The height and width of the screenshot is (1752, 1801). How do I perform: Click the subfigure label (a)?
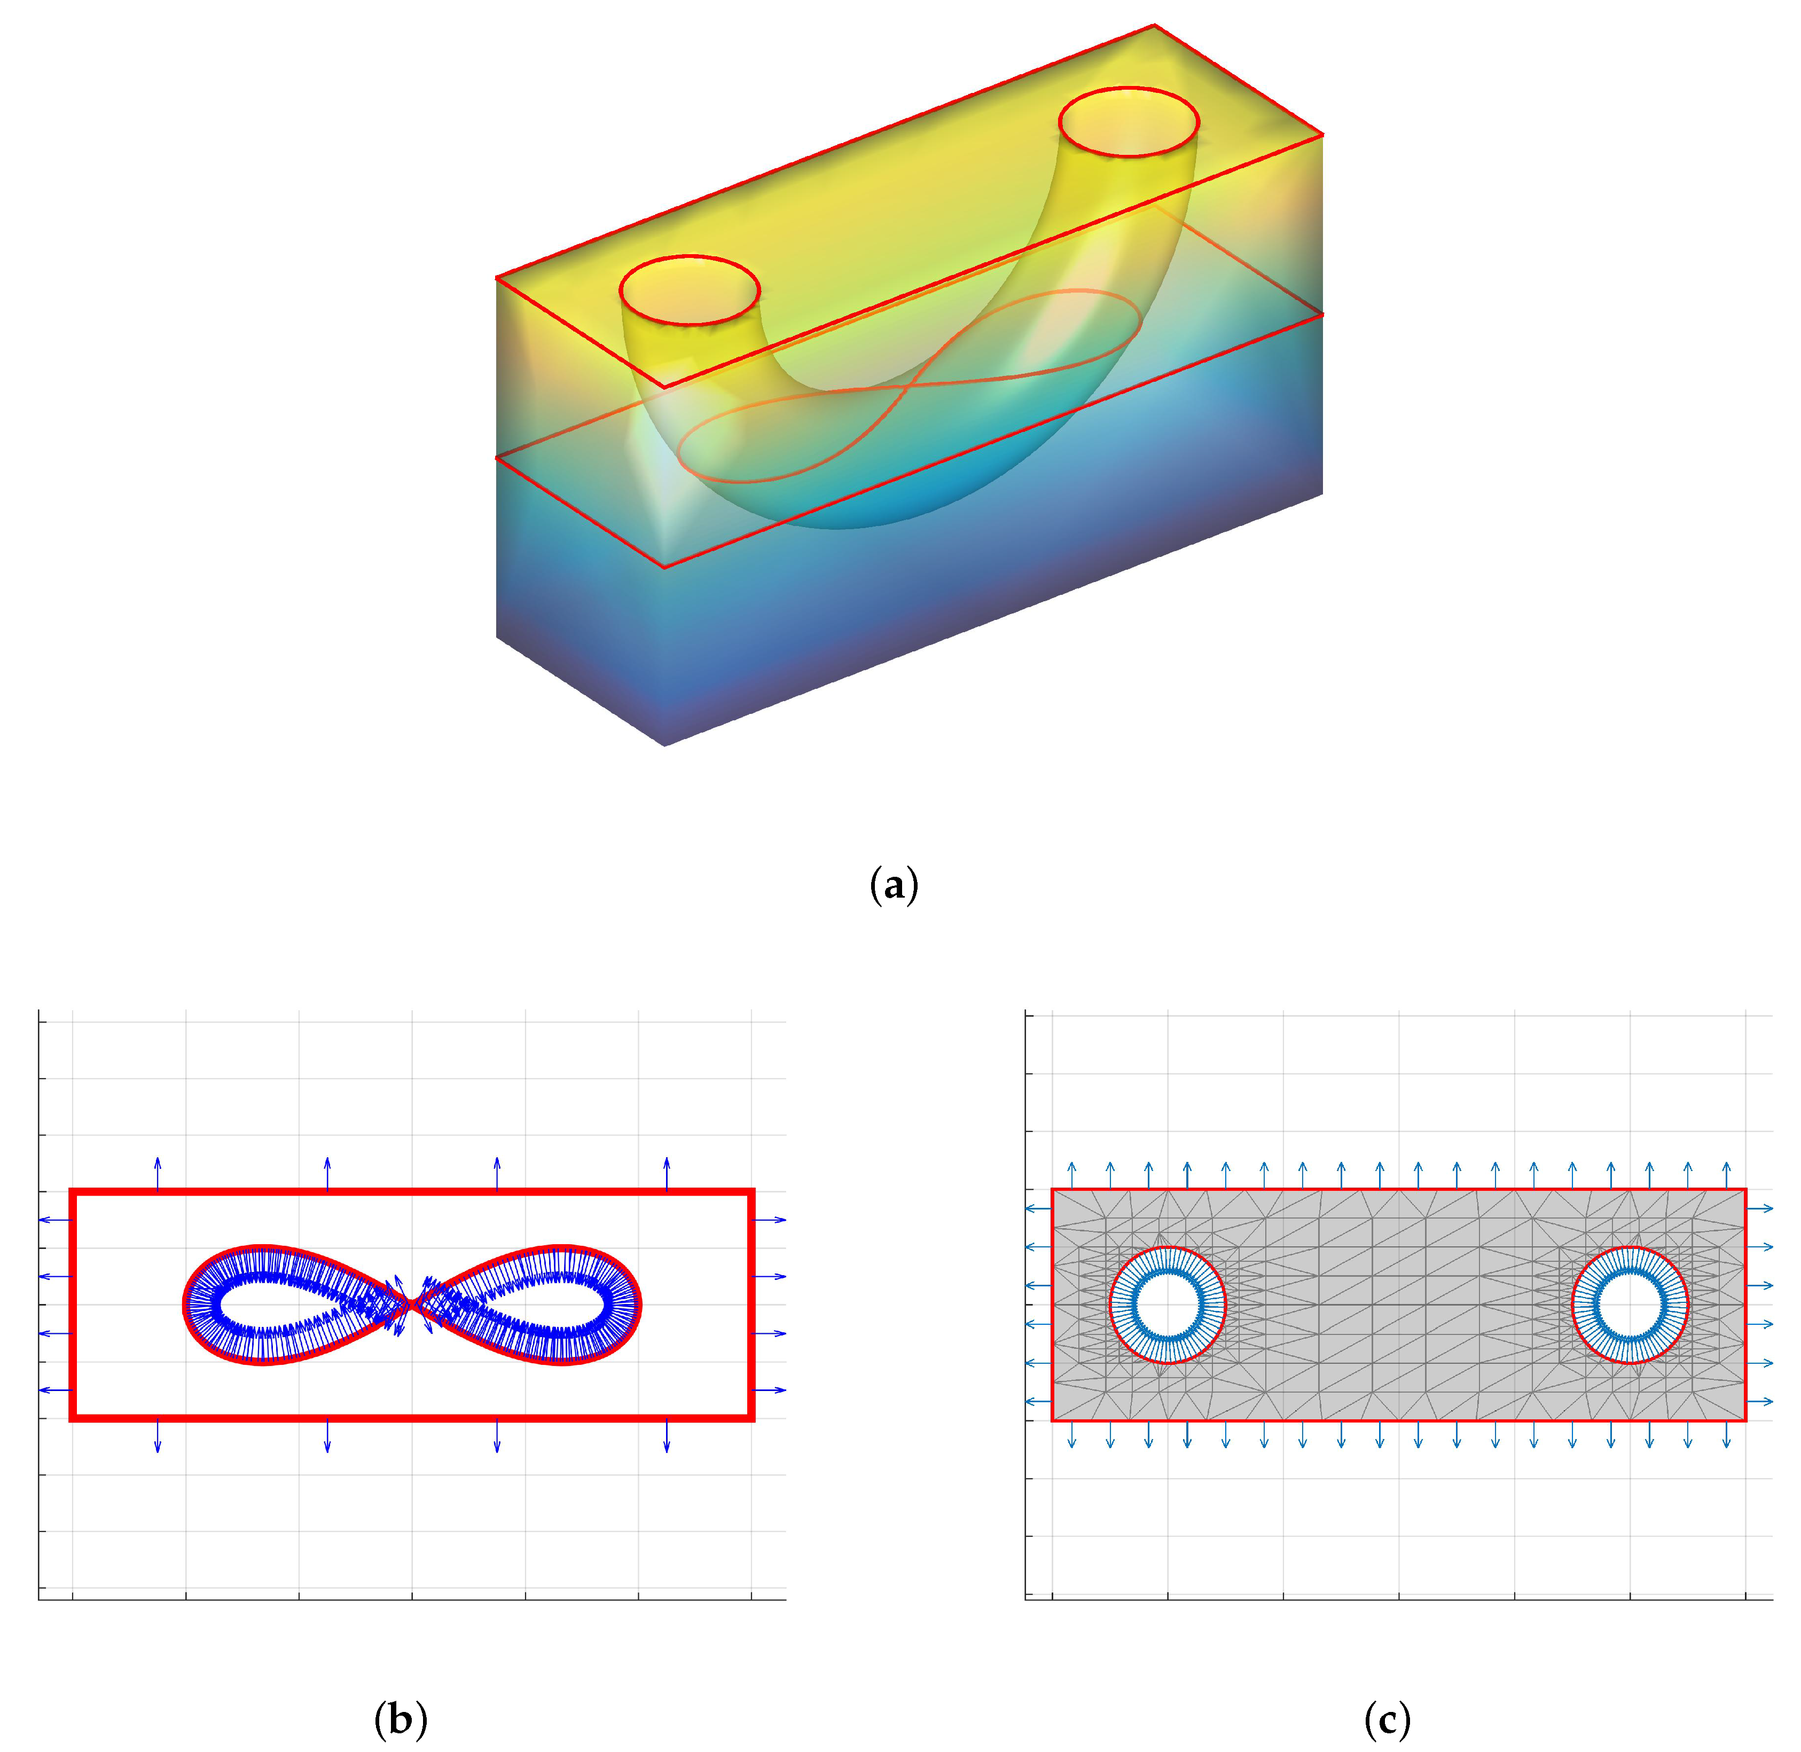click(894, 885)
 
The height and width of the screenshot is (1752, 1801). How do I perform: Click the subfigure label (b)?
click(401, 1717)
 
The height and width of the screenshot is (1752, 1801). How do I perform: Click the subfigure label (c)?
click(1387, 1717)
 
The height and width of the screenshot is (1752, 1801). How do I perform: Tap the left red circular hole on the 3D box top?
click(690, 290)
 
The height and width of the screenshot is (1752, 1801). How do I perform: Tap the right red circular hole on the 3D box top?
click(1128, 121)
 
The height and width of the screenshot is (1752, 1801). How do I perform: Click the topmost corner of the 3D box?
click(1154, 26)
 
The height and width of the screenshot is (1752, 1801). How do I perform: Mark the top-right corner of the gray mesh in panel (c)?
click(1745, 1190)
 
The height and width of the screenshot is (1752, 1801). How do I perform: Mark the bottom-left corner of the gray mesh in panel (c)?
click(1053, 1420)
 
